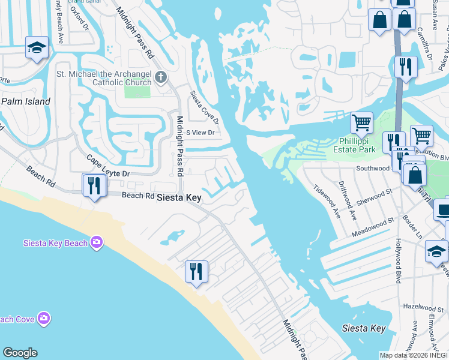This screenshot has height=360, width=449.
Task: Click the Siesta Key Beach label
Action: (56, 243)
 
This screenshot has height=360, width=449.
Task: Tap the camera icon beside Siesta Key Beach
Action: (97, 242)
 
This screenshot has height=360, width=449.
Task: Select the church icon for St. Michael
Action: (160, 77)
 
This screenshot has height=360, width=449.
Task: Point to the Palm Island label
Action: (25, 101)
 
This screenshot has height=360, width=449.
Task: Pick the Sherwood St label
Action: (375, 196)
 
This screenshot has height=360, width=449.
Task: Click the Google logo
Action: (20, 353)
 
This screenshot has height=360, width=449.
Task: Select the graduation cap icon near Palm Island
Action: (37, 48)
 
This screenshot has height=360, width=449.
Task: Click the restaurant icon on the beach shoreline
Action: (196, 271)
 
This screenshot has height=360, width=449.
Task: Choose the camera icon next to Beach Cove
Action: (43, 318)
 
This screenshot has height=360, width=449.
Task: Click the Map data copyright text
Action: (414, 355)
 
